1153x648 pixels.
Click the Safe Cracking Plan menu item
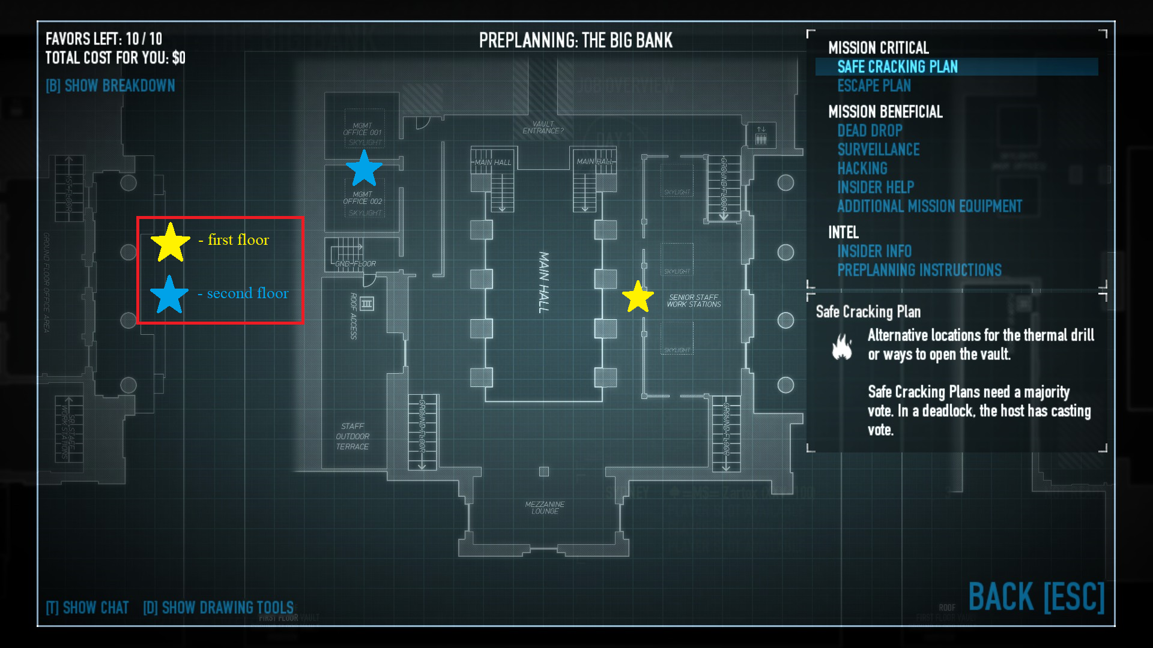(897, 67)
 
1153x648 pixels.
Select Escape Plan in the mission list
(874, 86)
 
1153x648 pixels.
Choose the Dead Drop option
(870, 131)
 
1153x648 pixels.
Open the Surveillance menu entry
(878, 149)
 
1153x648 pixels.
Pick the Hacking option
(862, 169)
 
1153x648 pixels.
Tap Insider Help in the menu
(875, 187)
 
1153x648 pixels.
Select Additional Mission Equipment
(929, 206)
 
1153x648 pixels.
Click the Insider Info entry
(874, 251)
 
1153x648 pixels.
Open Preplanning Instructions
(919, 270)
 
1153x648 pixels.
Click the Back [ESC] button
(1036, 597)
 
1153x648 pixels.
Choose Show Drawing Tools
(219, 608)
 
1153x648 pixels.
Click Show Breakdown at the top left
(110, 86)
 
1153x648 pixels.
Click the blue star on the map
(364, 169)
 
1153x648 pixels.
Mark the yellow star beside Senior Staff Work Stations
(637, 297)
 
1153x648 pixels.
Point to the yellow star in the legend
(170, 242)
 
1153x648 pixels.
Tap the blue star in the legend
(169, 295)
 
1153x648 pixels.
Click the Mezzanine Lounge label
(545, 508)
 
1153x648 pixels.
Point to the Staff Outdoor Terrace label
(353, 436)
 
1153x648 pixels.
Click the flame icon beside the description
(842, 346)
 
